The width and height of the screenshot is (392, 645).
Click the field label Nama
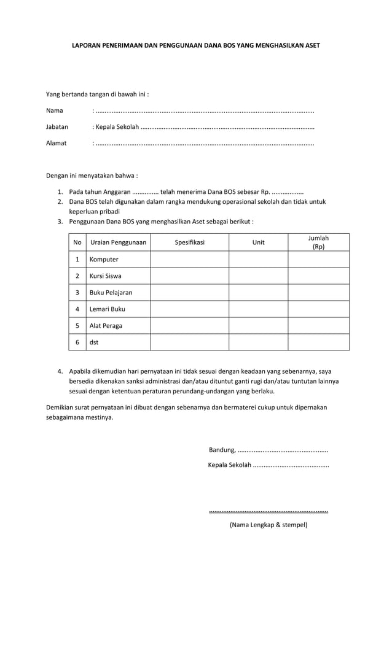tap(55, 111)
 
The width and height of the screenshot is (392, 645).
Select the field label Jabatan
tap(57, 127)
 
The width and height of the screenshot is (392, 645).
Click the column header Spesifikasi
tap(189, 242)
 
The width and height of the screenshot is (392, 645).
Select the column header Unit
tap(259, 242)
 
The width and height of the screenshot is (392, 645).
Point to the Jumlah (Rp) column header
tap(318, 242)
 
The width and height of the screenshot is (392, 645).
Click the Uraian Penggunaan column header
tap(118, 242)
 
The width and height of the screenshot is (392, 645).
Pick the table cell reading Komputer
tap(104, 260)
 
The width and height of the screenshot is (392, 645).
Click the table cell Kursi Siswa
tap(105, 276)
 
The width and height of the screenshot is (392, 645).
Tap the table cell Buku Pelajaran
tap(111, 293)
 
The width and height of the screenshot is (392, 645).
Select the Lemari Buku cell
tap(107, 309)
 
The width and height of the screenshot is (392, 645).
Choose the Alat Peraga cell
tap(106, 326)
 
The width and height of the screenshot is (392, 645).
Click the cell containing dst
tap(94, 342)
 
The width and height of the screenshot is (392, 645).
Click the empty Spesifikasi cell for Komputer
tap(189, 260)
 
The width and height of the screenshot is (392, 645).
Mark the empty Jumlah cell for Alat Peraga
tap(318, 326)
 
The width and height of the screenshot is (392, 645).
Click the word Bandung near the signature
tap(222, 450)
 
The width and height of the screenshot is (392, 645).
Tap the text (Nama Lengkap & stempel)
tap(269, 525)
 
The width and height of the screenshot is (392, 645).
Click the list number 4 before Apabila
tap(60, 371)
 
